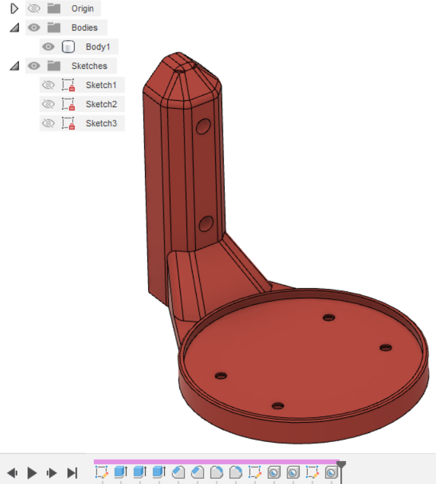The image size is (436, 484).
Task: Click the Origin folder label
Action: coord(82,8)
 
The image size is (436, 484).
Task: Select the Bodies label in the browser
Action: coord(84,27)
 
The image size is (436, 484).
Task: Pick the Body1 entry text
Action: coord(98,47)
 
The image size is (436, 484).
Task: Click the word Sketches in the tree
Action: coord(89,66)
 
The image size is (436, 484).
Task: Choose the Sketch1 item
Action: coord(101,85)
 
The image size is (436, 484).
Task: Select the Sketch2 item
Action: coord(101,104)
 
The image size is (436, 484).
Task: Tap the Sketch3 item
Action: coord(101,123)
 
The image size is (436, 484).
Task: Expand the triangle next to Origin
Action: coord(14,8)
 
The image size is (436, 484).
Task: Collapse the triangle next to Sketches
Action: coord(14,66)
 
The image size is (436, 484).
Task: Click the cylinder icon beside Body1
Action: coord(68,47)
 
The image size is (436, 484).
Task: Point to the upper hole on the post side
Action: coord(204,126)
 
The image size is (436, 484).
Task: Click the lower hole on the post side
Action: coord(206,223)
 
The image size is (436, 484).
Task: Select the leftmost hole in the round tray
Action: coord(221,376)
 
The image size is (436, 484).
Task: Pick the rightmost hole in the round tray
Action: coord(385,348)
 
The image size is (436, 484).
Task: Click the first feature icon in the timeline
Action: coord(101,473)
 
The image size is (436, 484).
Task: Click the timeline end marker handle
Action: coord(342,466)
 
